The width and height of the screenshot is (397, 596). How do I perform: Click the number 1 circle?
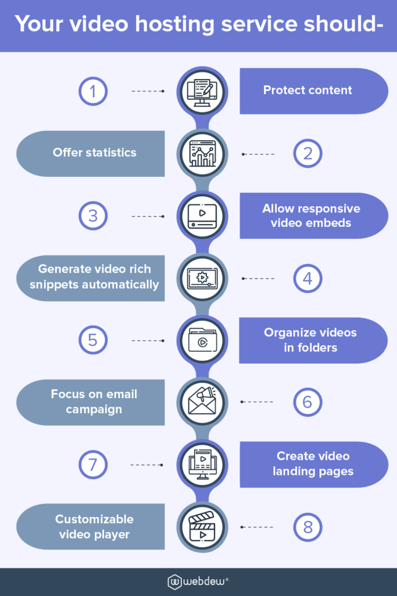[93, 91]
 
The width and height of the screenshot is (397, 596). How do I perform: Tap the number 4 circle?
[307, 278]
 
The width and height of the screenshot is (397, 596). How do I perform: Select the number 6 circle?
[307, 402]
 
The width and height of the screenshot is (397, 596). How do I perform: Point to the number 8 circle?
[307, 527]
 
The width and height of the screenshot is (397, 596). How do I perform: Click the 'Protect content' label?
[307, 90]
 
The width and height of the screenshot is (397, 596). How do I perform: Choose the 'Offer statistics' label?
[94, 152]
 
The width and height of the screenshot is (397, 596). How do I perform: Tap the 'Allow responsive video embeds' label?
[311, 215]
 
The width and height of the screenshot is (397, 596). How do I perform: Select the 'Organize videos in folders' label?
[310, 340]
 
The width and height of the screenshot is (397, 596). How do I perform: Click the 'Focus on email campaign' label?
[94, 402]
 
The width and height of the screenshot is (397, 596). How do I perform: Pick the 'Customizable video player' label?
[94, 526]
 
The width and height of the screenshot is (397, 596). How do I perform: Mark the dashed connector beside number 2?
[258, 154]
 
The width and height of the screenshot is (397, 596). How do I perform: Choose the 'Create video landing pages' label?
[313, 464]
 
